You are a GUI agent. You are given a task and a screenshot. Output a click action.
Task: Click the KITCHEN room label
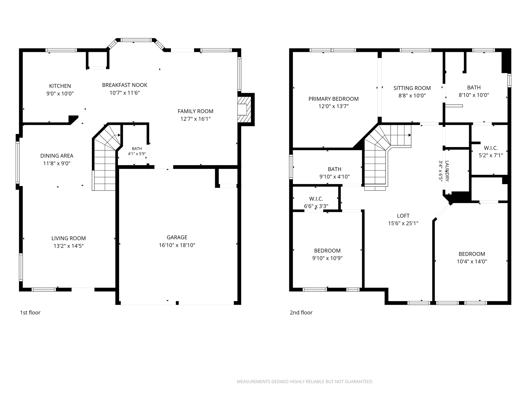tap(60, 86)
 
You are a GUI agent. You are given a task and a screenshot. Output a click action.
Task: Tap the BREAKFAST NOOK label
tap(125, 85)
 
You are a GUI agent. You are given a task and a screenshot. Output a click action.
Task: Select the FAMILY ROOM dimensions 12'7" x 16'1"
tap(196, 119)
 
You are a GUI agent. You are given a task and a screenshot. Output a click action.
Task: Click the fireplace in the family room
tap(244, 110)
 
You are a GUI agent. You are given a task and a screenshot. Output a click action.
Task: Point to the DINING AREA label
tap(57, 156)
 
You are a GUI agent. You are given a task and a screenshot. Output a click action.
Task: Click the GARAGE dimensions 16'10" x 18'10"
tap(177, 245)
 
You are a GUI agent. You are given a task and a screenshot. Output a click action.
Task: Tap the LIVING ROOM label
tap(68, 238)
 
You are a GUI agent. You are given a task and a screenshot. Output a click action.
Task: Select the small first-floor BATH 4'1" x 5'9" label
tap(137, 151)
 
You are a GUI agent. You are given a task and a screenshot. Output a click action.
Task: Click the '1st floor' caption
tap(30, 312)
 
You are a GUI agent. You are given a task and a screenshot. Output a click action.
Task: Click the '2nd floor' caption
tap(301, 312)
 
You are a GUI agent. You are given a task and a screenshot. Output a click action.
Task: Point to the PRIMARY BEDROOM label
tap(333, 99)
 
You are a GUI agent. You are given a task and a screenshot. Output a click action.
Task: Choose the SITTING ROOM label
tap(412, 88)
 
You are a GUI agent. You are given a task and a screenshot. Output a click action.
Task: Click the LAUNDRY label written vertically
tap(447, 171)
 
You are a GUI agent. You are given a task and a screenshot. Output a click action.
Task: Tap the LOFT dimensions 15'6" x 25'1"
tap(403, 223)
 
